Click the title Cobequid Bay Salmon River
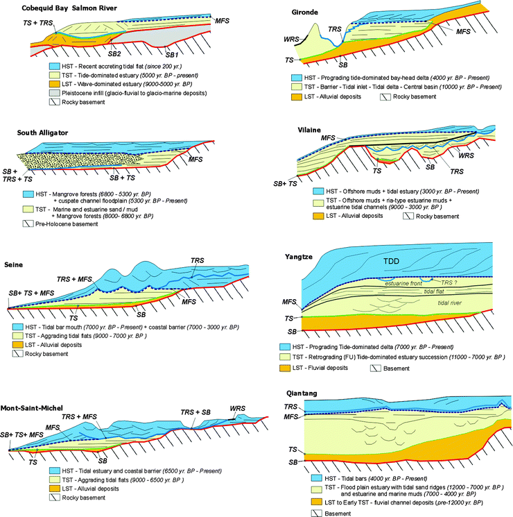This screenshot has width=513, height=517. [x=59, y=8]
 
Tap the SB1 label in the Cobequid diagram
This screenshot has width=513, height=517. [x=170, y=53]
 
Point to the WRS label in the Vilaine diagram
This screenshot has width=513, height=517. [x=466, y=156]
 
